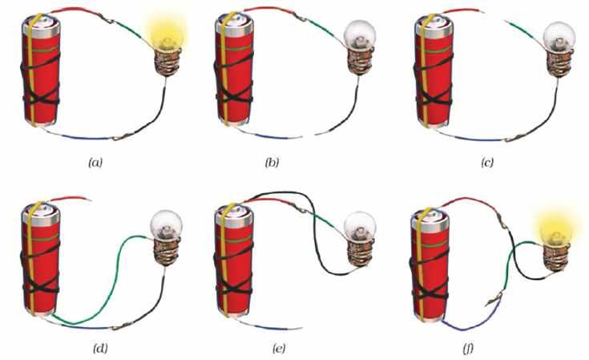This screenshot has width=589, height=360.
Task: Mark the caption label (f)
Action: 490,349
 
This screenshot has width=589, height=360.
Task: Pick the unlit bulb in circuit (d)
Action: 167,227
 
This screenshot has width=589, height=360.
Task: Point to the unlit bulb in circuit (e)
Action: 360,228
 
